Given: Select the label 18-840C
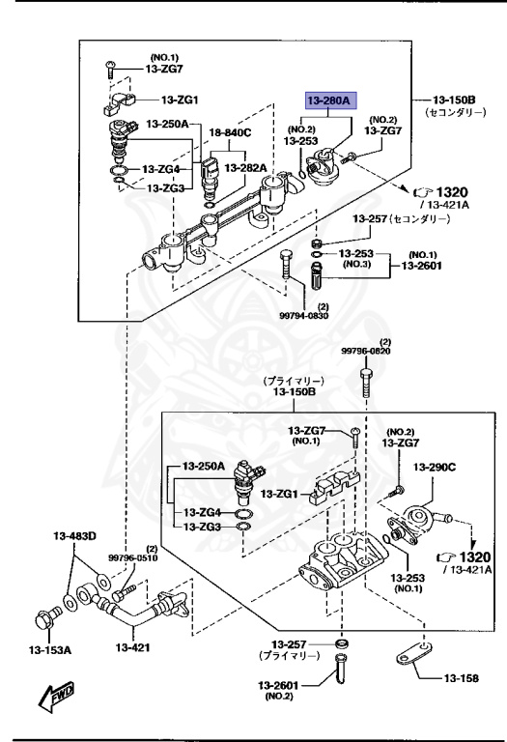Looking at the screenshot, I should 230,132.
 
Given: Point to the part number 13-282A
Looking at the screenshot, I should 245,167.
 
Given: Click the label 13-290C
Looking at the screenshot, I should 435,468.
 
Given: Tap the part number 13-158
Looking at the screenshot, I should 462,679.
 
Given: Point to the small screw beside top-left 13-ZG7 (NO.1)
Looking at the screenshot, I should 108,68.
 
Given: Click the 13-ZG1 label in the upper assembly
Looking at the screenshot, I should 180,100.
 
